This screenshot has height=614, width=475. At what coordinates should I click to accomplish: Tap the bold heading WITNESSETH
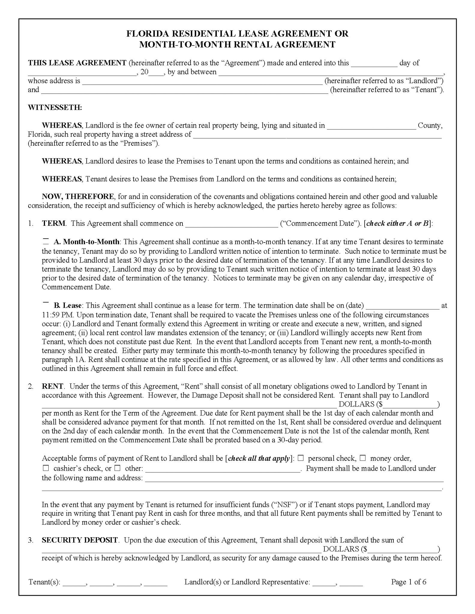55,108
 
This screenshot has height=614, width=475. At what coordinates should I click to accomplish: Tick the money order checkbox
363,458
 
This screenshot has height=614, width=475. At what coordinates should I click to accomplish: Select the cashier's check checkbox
46,468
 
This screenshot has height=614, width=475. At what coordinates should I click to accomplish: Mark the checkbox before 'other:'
118,468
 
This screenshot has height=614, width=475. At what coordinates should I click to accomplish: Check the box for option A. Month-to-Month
46,241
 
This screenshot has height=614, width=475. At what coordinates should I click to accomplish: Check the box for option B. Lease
46,304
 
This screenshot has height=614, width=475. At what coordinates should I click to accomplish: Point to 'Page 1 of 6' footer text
408,582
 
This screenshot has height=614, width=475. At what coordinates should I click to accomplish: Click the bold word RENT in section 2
53,386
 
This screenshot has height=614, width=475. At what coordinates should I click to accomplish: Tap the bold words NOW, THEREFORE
78,197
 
